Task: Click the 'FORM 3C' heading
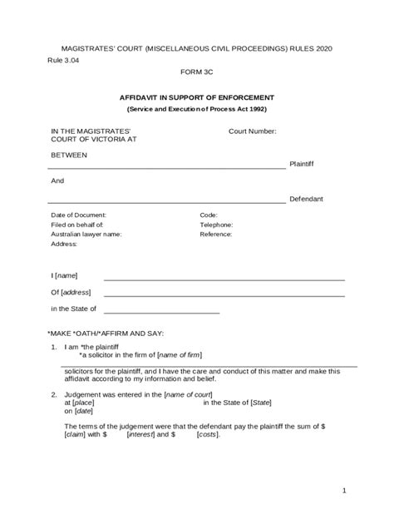197,72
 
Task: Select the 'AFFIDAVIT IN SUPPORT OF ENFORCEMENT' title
197,96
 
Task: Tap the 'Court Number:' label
253,131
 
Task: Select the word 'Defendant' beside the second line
305,200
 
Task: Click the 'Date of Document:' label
78,215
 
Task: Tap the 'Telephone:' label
216,225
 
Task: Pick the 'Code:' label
209,215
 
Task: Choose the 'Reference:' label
216,235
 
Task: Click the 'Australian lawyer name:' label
86,235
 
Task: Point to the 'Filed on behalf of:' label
76,225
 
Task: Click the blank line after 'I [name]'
224,279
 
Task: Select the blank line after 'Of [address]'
224,295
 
